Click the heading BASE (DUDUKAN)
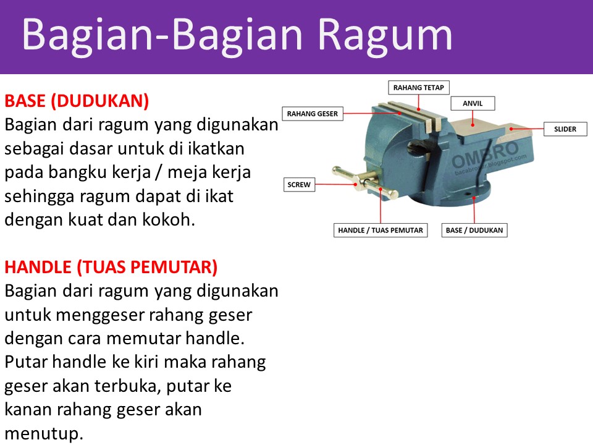77,100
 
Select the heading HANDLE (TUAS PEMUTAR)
111,267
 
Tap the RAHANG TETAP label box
418,87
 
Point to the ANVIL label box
473,104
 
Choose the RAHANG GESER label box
313,114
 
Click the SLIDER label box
565,129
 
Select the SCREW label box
299,184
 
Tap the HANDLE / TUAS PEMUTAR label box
381,230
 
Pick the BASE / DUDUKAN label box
474,230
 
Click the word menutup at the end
43,433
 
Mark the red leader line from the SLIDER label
528,129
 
